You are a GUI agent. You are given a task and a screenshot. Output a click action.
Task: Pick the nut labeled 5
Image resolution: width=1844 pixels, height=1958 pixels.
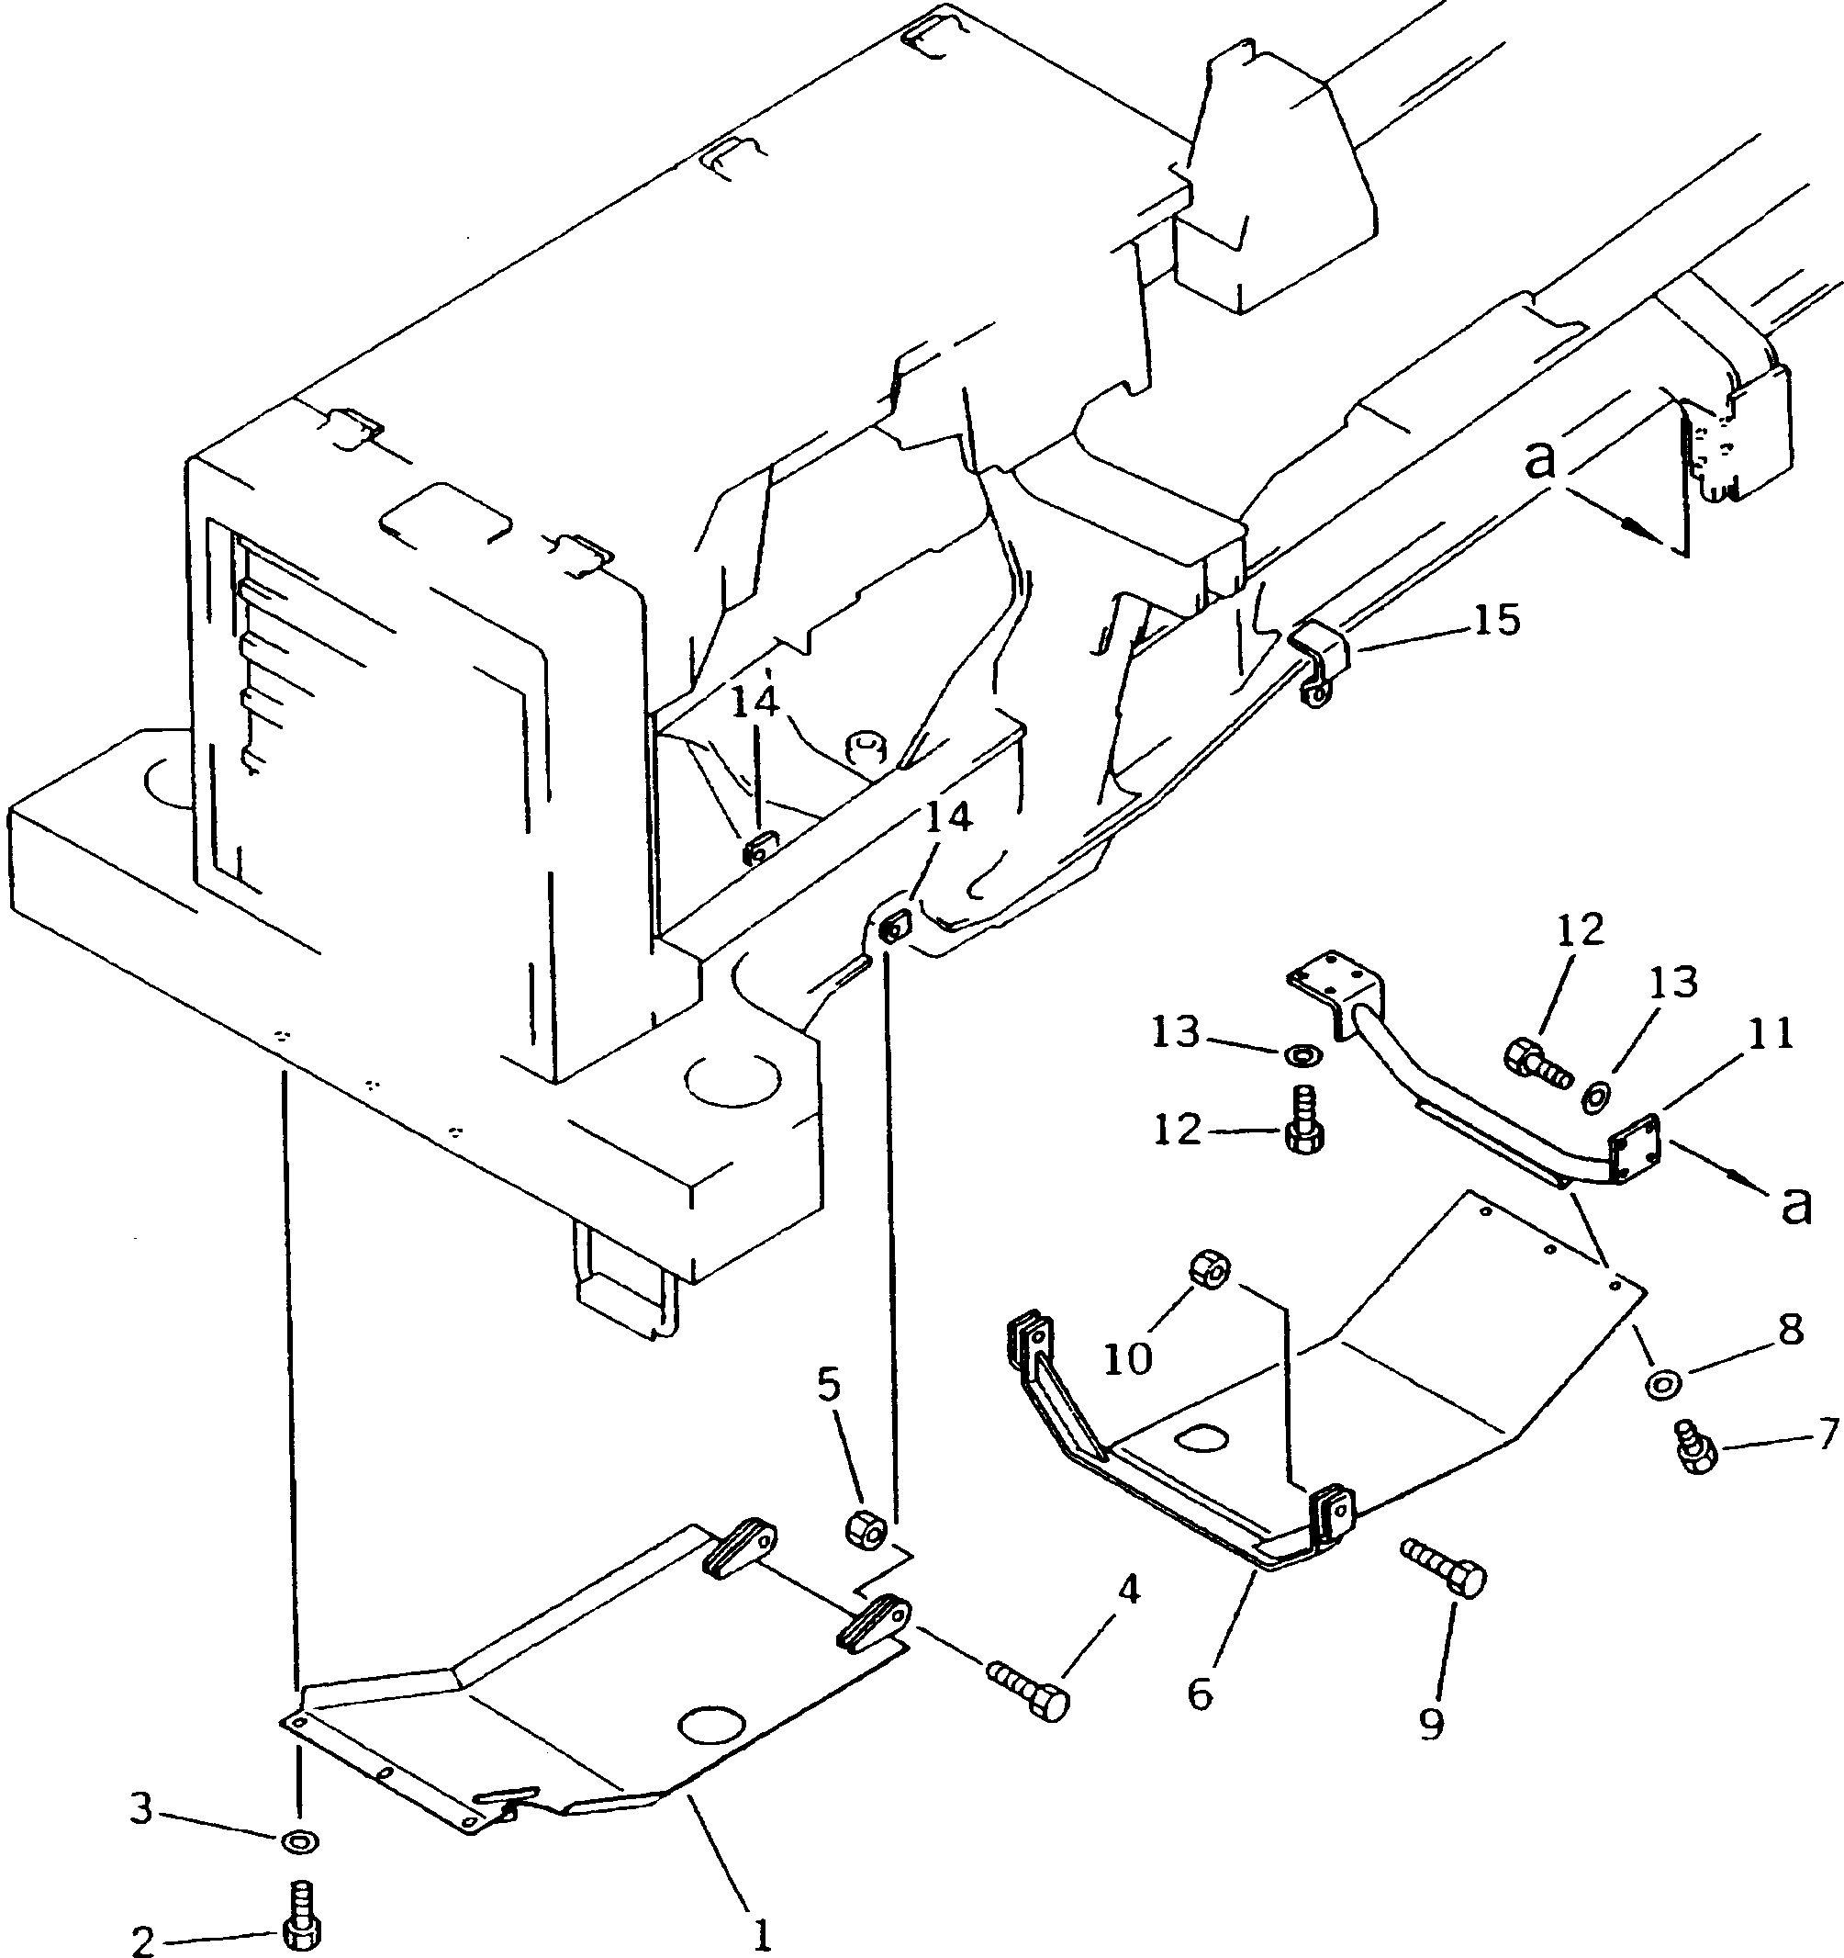866,1528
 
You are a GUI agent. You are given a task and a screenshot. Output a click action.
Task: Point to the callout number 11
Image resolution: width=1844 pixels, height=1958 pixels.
1769,1035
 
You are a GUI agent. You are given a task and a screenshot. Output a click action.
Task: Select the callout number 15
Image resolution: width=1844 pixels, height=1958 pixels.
1496,621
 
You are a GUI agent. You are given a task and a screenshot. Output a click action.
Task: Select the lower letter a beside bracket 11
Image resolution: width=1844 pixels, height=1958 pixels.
1795,1205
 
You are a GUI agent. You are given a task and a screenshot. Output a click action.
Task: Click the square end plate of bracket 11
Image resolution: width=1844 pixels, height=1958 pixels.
1632,1146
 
